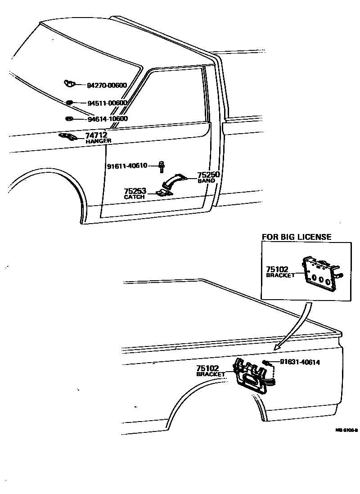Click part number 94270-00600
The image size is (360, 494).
[107, 85]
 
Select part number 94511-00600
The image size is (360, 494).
[107, 103]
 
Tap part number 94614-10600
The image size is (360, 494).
[108, 119]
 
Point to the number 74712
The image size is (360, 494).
[96, 135]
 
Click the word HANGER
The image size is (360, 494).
[98, 141]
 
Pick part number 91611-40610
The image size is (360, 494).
[127, 166]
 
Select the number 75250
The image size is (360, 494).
[208, 175]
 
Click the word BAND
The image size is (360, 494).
[206, 181]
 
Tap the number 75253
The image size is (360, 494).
[135, 191]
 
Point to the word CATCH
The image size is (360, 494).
[135, 197]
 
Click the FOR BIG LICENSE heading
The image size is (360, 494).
[297, 237]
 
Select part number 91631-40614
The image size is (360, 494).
[300, 362]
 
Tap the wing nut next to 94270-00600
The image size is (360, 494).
[69, 83]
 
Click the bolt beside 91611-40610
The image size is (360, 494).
[161, 166]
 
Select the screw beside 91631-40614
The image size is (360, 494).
[266, 363]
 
